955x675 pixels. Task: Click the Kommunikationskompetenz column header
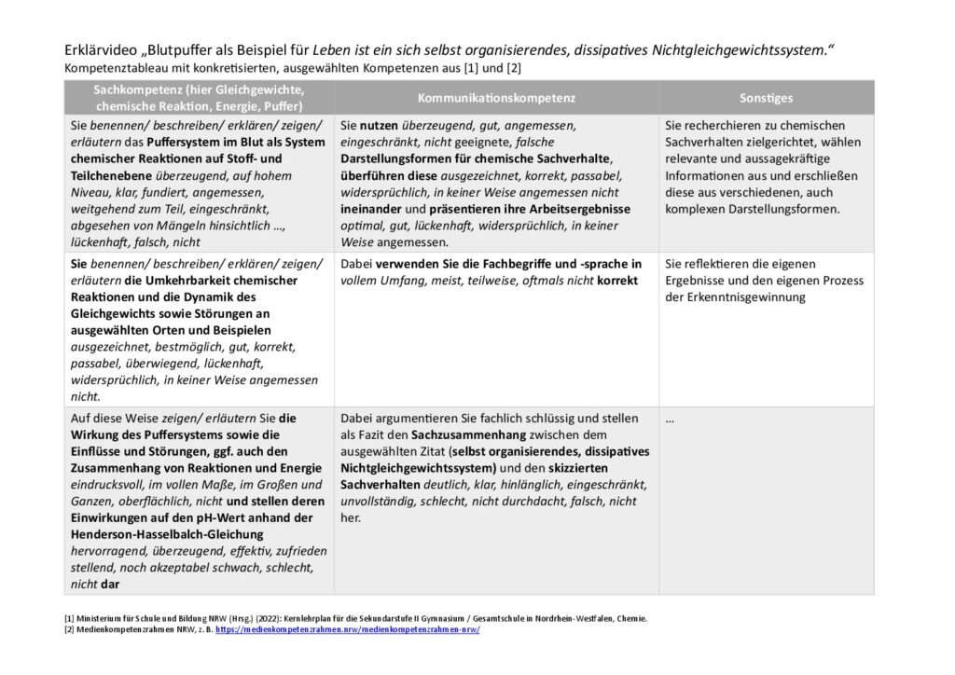coord(495,97)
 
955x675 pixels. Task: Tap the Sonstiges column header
coord(766,97)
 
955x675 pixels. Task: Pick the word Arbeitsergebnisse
coord(578,208)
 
